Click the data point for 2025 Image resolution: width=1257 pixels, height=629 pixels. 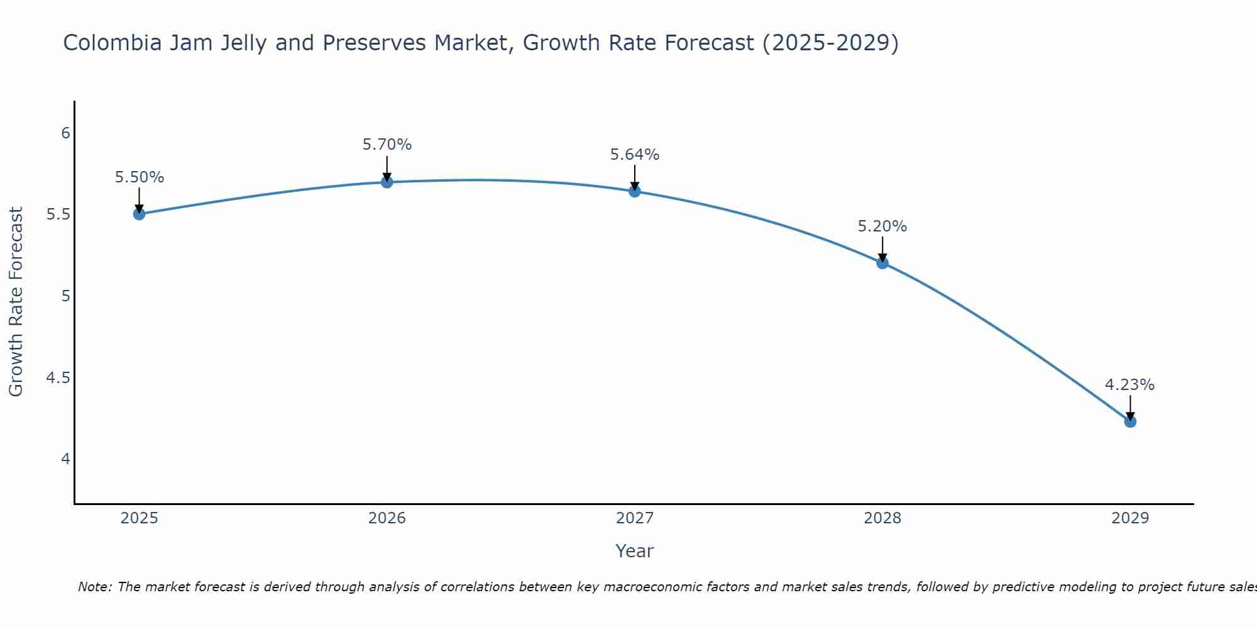139,214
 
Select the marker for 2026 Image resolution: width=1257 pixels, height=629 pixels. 387,182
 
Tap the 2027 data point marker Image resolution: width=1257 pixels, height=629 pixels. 635,191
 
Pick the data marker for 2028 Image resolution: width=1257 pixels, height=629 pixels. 882,263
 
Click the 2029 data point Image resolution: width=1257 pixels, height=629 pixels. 1130,421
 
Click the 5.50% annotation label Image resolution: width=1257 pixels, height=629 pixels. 140,177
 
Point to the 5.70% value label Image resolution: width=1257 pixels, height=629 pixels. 387,145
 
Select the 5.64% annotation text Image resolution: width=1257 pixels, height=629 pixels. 635,155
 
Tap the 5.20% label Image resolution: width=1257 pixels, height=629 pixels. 882,226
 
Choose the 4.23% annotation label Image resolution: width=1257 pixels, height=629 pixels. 1130,385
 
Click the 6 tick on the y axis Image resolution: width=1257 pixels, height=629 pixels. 65,133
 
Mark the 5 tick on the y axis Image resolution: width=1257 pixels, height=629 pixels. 65,296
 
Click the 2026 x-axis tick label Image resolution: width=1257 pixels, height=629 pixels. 387,518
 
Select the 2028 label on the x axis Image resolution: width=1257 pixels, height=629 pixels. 882,518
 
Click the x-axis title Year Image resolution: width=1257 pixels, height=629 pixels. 635,551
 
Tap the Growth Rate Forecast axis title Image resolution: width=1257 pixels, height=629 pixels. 16,302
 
